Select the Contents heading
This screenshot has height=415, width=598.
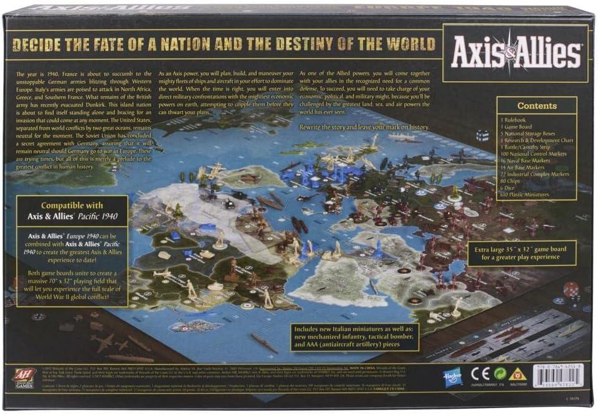(x=537, y=105)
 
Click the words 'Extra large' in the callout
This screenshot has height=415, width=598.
(x=499, y=249)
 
